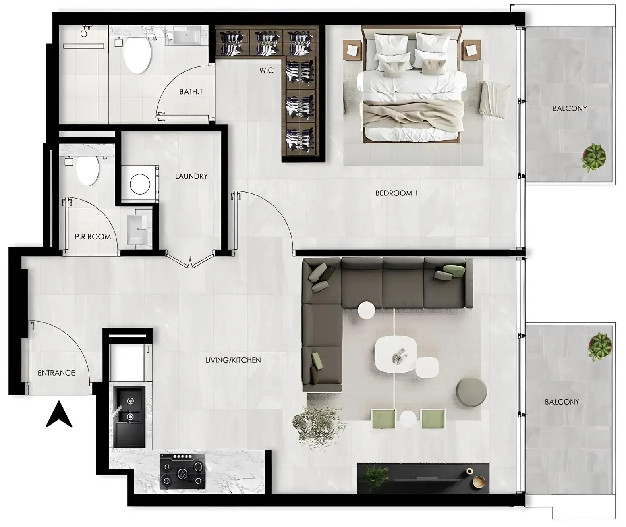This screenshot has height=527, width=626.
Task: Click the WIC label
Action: point(266,71)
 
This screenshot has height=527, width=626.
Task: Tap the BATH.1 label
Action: point(191,92)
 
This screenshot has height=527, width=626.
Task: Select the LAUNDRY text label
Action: point(191,176)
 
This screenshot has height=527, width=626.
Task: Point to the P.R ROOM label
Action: point(93,237)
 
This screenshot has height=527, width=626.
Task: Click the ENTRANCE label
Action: point(56,373)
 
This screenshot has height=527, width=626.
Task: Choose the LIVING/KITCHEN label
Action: point(233,360)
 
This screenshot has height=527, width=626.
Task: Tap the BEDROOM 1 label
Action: point(396,193)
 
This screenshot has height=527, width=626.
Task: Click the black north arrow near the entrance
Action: point(59,414)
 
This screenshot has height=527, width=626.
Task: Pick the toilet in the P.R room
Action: point(87,170)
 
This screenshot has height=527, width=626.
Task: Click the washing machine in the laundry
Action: point(139,184)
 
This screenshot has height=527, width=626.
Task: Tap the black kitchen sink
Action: point(129,416)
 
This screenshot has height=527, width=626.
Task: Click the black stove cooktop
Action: point(182,471)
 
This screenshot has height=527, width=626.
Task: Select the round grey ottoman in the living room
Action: point(471,391)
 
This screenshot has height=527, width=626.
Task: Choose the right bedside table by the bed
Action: point(472,50)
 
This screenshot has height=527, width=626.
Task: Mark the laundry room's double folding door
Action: point(191,259)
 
